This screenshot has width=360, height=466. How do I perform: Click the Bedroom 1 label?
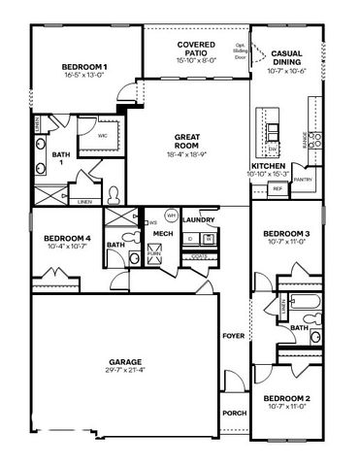(85, 66)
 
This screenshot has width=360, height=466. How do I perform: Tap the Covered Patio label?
(195, 45)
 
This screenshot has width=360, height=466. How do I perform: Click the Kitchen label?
(268, 166)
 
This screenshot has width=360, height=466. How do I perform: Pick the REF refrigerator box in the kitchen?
(278, 188)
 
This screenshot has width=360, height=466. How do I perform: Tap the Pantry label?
(303, 180)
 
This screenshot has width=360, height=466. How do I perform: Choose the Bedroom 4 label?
(67, 239)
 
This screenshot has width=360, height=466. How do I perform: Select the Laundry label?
(197, 219)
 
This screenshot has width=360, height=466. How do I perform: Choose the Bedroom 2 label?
(287, 398)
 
